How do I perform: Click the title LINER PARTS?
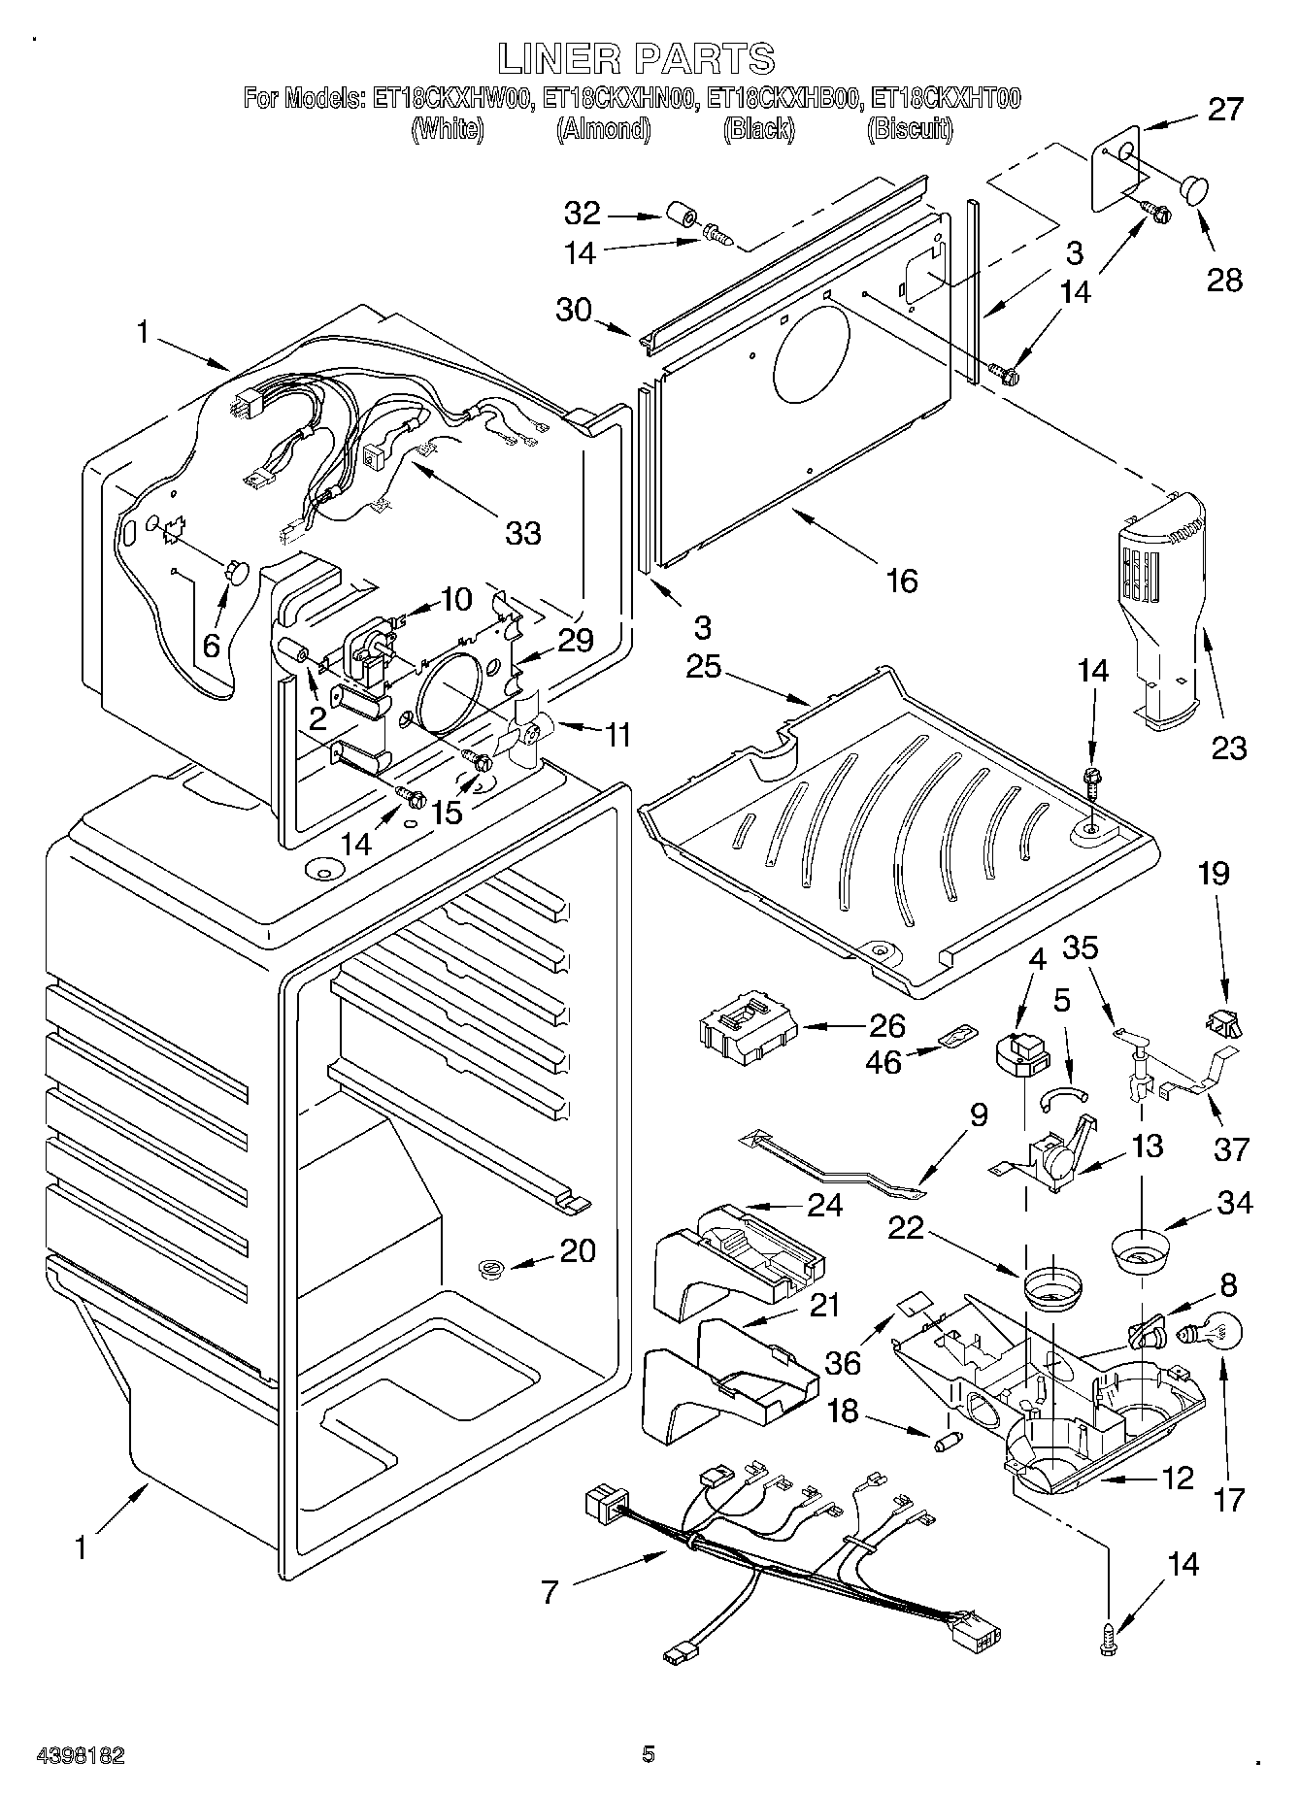pyautogui.click(x=636, y=59)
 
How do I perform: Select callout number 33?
pyautogui.click(x=523, y=533)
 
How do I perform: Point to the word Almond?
pyautogui.click(x=603, y=129)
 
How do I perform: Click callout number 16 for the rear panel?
pyautogui.click(x=902, y=581)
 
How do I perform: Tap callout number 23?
pyautogui.click(x=1229, y=748)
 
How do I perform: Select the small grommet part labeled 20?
pyautogui.click(x=492, y=1266)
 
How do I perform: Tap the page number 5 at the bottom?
pyautogui.click(x=649, y=1753)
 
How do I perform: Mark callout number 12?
pyautogui.click(x=1177, y=1479)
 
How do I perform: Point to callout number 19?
pyautogui.click(x=1214, y=873)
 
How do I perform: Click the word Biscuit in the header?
pyautogui.click(x=909, y=129)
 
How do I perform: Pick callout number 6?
pyautogui.click(x=212, y=644)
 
